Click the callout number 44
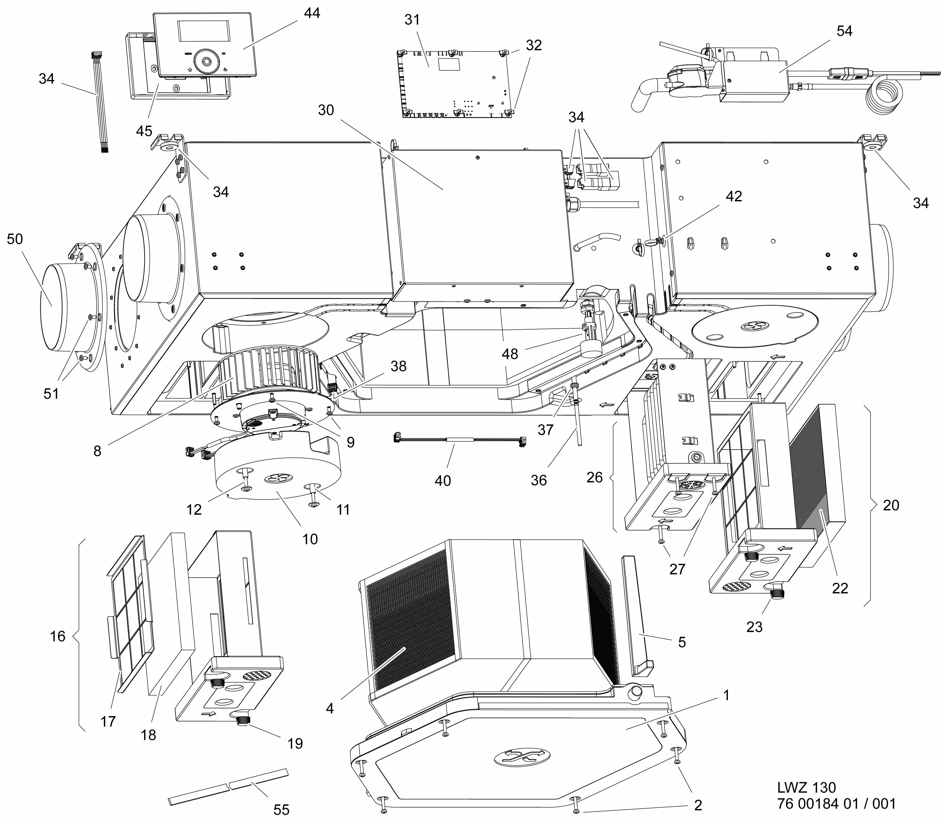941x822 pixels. [x=312, y=13]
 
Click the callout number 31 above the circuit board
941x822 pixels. [x=412, y=20]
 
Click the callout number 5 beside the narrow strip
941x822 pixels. [x=682, y=642]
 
